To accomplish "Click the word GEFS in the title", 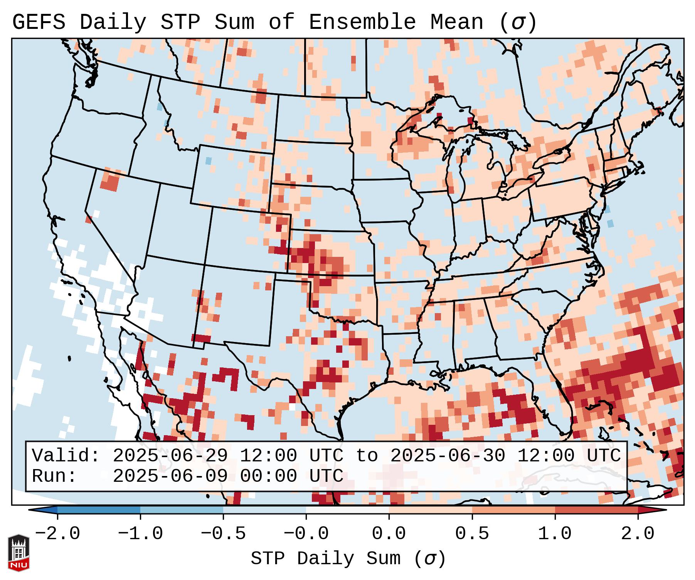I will point(39,22).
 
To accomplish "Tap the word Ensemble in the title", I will point(362,22).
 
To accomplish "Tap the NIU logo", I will point(19,553).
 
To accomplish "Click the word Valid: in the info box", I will point(66,456).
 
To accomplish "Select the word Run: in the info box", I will point(54,476).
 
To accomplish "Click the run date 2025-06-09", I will point(170,476).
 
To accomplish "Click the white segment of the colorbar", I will point(347,510).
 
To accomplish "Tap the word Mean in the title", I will point(457,22).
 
